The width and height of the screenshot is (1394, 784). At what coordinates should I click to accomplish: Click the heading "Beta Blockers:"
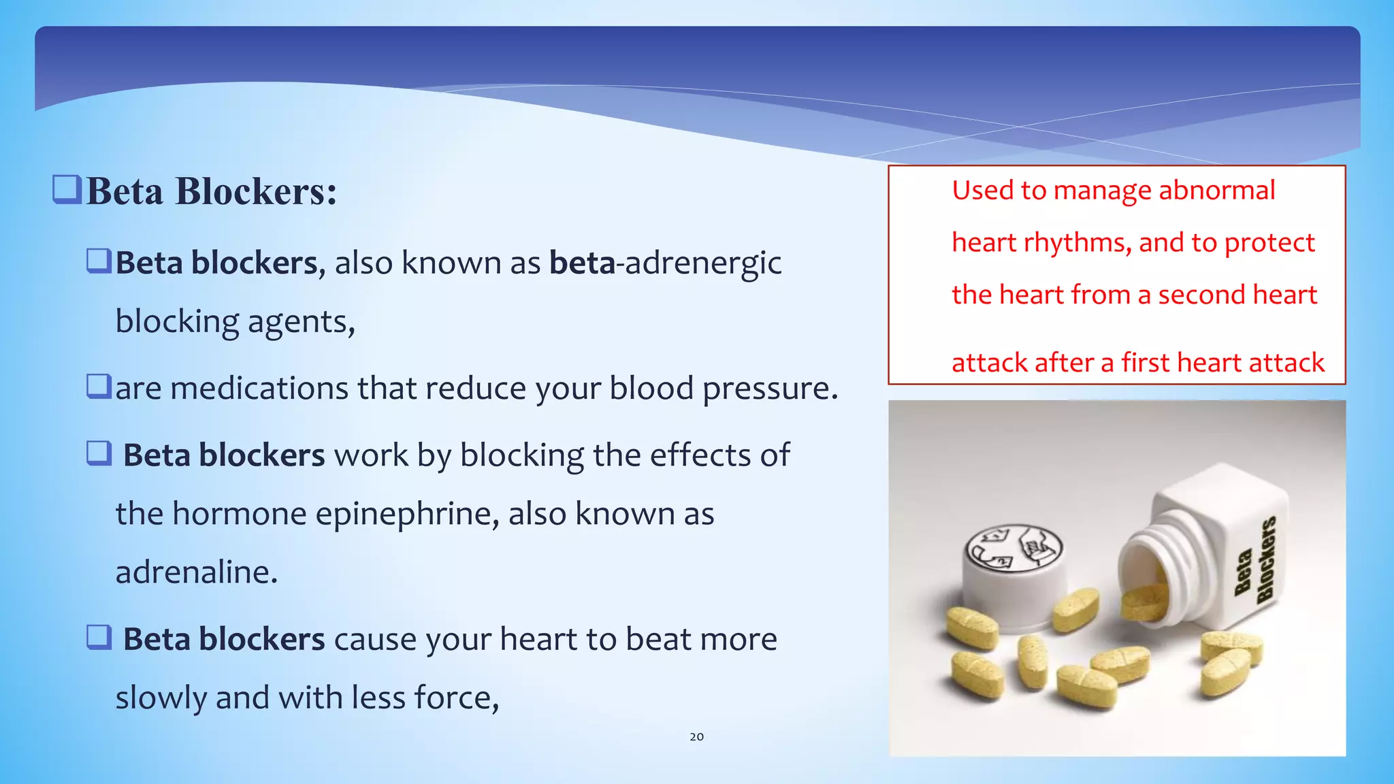click(x=212, y=191)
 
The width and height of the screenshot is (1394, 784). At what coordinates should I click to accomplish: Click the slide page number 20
click(x=696, y=736)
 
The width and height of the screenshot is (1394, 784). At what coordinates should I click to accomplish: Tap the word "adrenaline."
click(x=197, y=572)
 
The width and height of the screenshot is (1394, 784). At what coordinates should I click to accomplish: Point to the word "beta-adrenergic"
click(x=665, y=263)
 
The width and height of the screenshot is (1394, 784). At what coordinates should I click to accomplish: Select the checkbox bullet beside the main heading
click(x=67, y=190)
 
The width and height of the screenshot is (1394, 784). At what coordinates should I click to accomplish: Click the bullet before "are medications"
click(x=99, y=386)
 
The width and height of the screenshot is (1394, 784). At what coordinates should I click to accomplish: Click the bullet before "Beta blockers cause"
click(x=99, y=638)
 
